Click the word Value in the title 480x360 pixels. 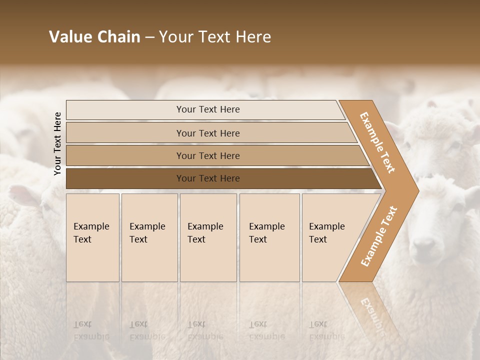pos(68,37)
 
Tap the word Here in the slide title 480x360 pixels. pos(252,37)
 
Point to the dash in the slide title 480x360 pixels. pos(149,37)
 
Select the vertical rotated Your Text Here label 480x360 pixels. pos(57,143)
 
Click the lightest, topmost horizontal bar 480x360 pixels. pos(208,110)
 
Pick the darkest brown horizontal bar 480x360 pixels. pos(208,178)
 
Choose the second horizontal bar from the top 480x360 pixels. pos(208,133)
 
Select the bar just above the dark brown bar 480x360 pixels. pos(208,156)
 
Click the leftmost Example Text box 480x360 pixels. pos(92,237)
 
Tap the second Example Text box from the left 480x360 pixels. pos(149,237)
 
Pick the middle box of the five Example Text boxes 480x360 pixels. pos(208,237)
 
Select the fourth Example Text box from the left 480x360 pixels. pos(269,237)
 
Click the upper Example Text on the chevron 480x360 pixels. pos(377,142)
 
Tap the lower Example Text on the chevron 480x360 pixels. pos(379,236)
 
